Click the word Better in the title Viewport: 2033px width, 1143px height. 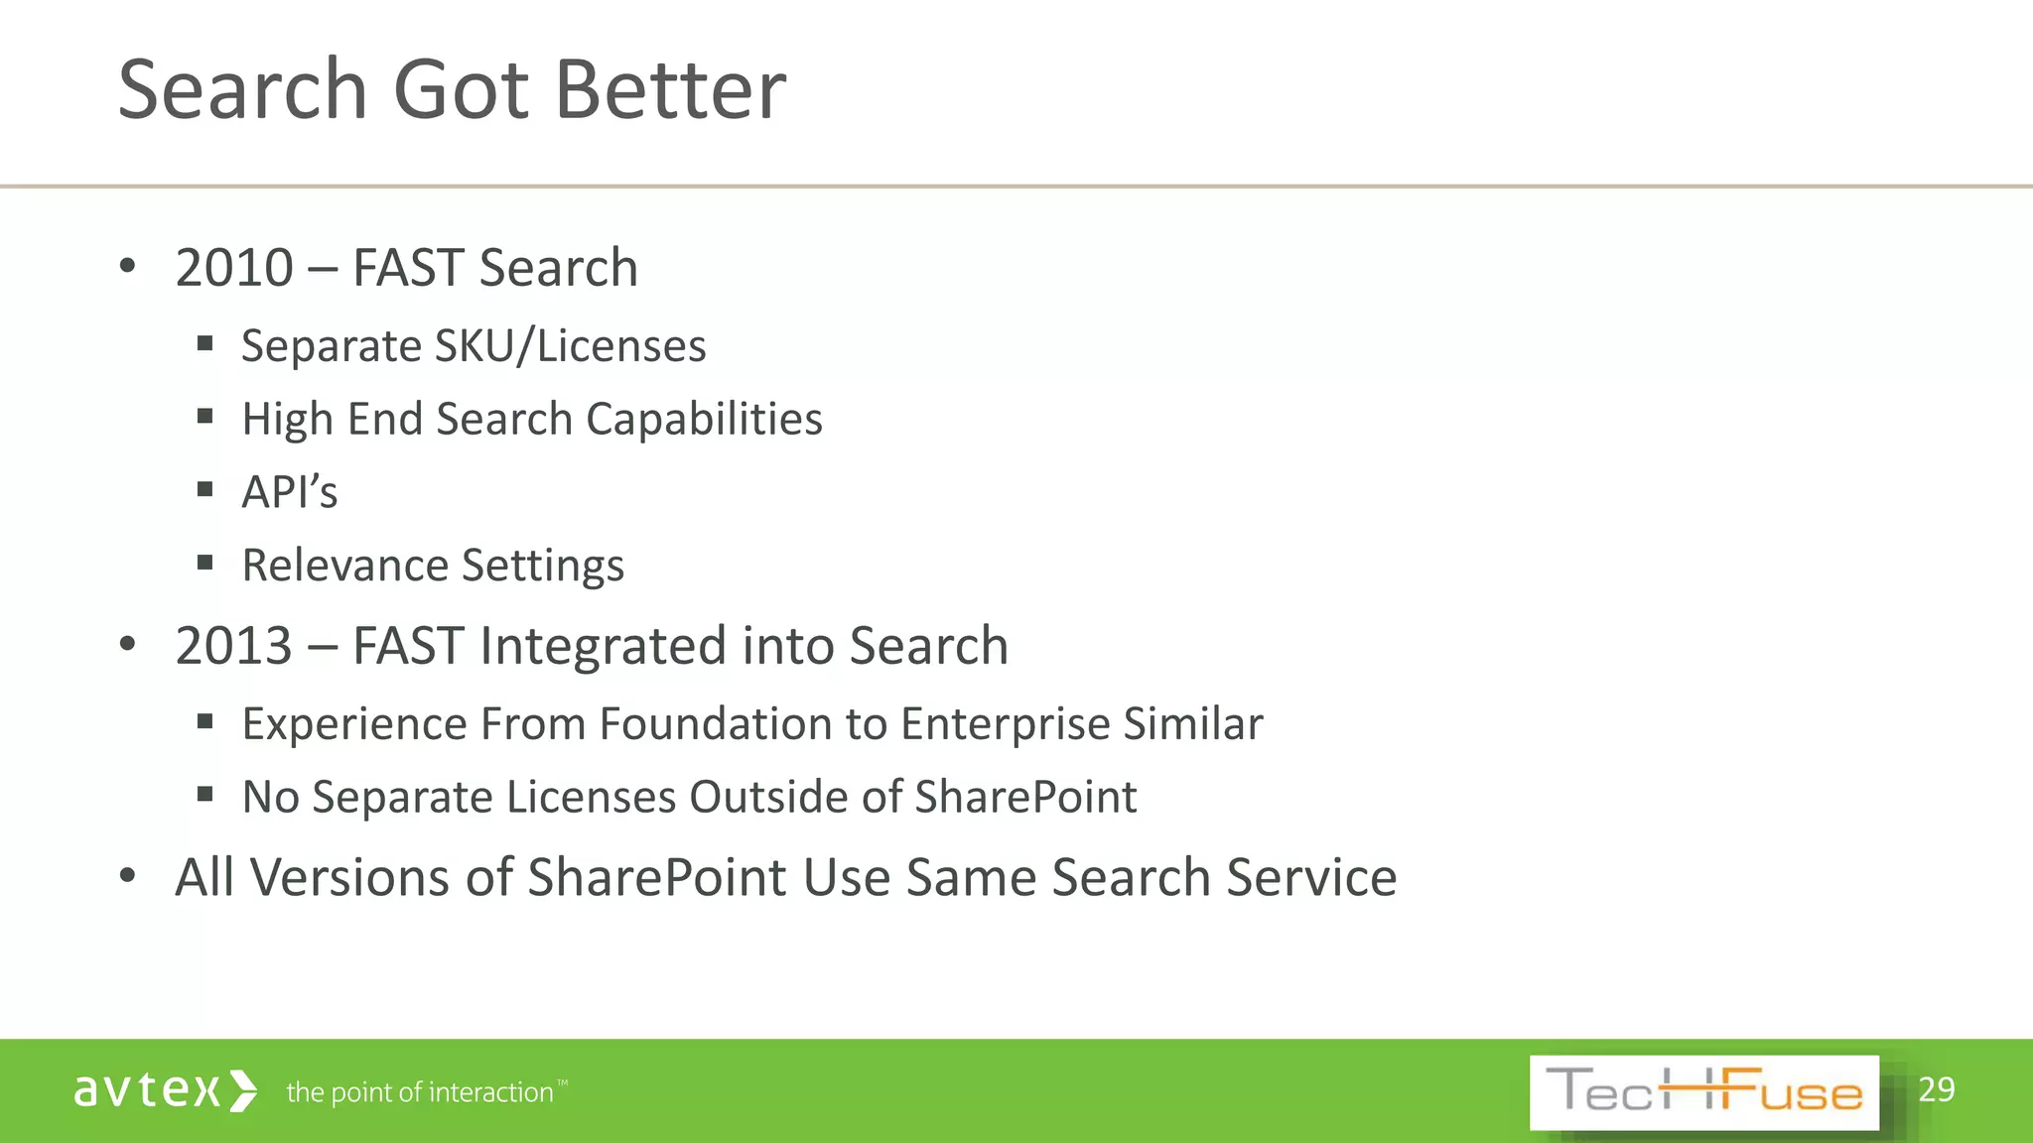(x=670, y=90)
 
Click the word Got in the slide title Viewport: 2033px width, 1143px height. (x=462, y=90)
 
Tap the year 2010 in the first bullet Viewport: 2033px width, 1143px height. (x=234, y=268)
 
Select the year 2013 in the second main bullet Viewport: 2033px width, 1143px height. (x=234, y=646)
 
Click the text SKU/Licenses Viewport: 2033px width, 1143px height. (x=571, y=346)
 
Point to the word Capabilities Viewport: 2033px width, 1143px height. (x=704, y=419)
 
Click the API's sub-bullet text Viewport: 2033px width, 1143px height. (x=290, y=492)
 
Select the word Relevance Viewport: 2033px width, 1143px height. (x=345, y=566)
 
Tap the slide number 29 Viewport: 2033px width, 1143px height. (x=1937, y=1089)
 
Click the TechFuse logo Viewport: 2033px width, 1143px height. (x=1703, y=1092)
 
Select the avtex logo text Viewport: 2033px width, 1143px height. (x=146, y=1090)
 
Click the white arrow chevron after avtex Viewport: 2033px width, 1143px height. (x=243, y=1090)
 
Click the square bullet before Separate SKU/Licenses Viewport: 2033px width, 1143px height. (x=205, y=344)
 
